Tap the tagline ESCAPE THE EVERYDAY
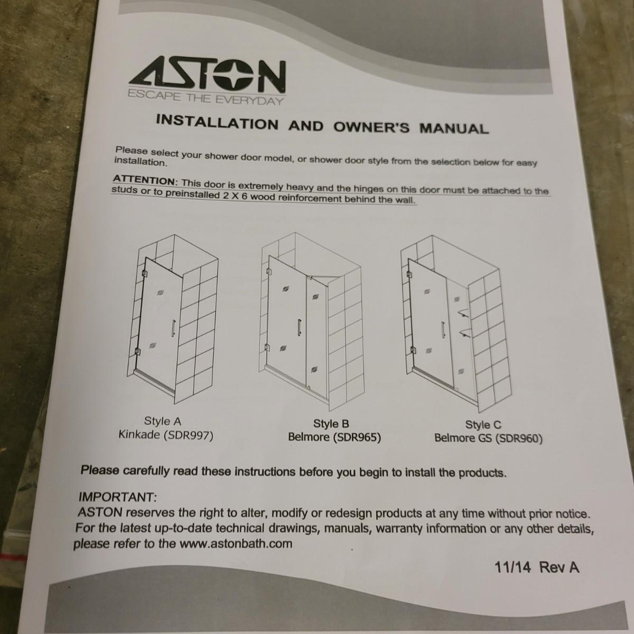pos(206,98)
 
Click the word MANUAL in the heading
pos(454,128)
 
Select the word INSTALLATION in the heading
pos(217,122)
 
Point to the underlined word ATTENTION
pos(144,180)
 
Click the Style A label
pos(163,421)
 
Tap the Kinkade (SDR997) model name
pos(166,435)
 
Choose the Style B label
pos(331,423)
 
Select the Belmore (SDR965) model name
pos(334,437)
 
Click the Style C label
pos(483,425)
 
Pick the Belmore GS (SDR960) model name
pos(488,439)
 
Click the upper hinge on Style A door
pos(144,273)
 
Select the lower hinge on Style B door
pos(267,347)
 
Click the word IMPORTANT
pos(117,497)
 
